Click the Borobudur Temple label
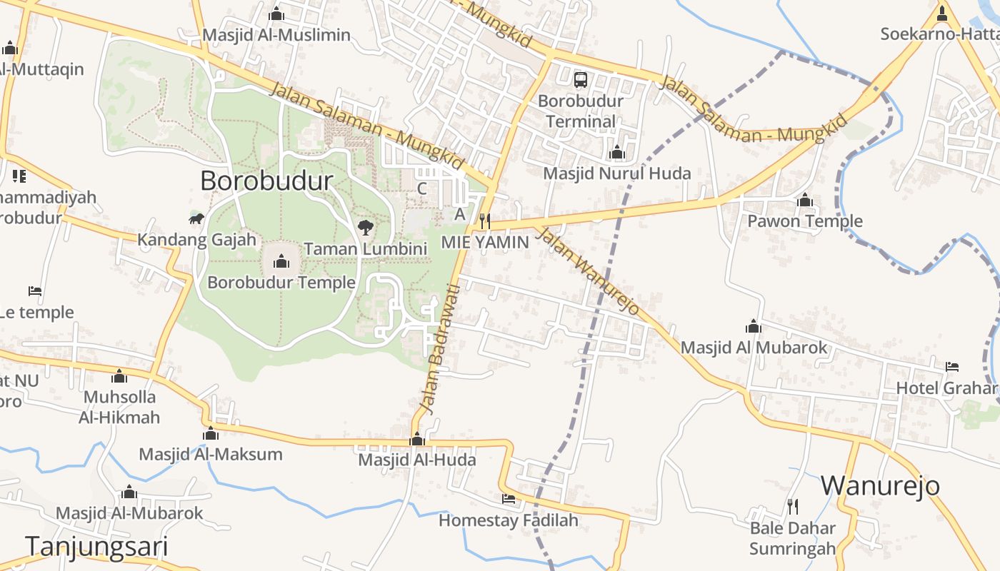tap(281, 283)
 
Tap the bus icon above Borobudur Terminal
tap(581, 80)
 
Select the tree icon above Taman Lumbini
tap(366, 228)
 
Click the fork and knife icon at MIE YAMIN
tap(485, 221)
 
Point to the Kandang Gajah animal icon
tap(196, 218)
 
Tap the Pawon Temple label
tap(805, 221)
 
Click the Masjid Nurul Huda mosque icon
tap(617, 152)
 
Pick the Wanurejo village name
tap(880, 485)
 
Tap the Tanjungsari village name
tap(97, 547)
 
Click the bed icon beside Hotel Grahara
tap(952, 367)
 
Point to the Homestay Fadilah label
tap(509, 520)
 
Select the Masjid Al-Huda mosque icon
tap(417, 440)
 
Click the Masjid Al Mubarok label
tap(754, 348)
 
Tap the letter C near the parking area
tap(422, 189)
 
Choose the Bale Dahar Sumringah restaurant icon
tap(793, 507)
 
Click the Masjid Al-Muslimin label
tap(276, 35)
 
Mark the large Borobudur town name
tap(266, 181)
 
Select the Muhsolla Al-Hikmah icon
tap(119, 376)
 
